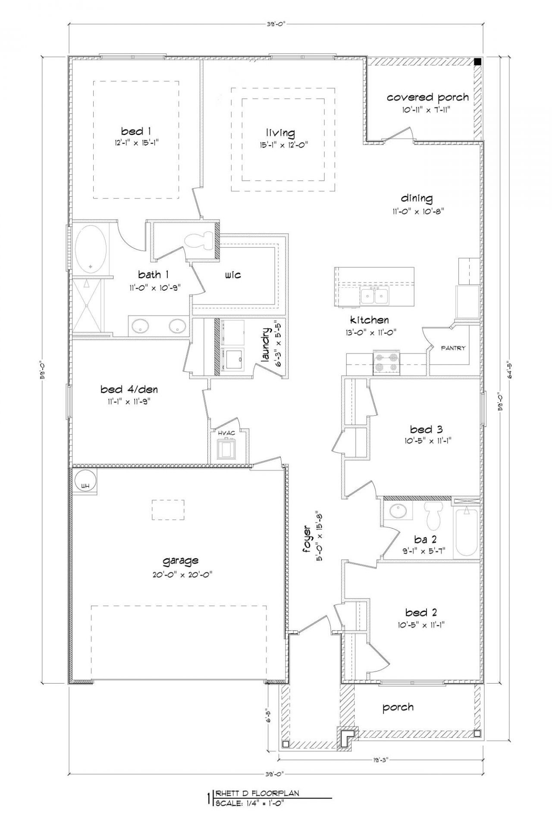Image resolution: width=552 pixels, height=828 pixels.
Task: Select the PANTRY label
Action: [453, 348]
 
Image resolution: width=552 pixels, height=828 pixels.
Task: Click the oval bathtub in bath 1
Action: [91, 249]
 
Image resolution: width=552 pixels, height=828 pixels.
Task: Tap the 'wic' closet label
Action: [232, 275]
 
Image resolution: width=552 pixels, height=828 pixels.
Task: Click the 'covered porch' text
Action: [427, 97]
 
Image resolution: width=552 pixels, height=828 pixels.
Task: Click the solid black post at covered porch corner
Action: [477, 61]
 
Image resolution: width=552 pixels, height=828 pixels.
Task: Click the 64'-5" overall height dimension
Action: [510, 370]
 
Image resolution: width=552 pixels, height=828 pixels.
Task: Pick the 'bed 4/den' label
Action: [129, 390]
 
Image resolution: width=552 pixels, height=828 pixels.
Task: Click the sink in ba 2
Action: [397, 511]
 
